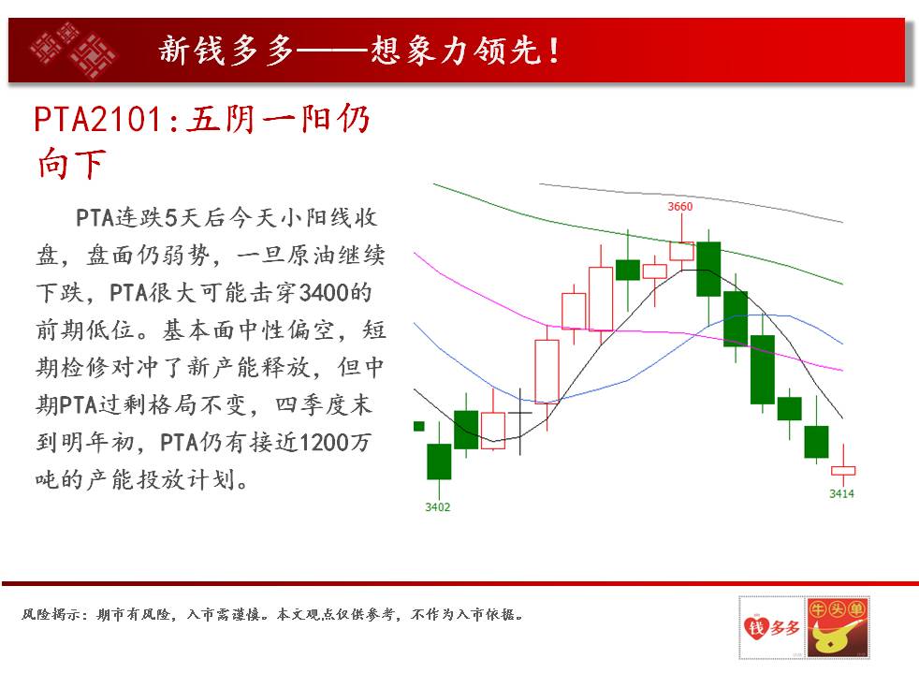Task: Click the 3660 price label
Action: point(679,206)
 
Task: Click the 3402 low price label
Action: point(438,507)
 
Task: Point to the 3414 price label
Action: point(841,493)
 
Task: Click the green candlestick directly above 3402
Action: point(439,462)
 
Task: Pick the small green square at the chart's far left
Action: point(419,426)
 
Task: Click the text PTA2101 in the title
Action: point(98,119)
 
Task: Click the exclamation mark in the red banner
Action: point(554,51)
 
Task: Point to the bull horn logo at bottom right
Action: point(837,627)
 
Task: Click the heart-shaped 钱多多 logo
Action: point(772,627)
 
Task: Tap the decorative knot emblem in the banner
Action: point(73,50)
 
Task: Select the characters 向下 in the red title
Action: point(71,164)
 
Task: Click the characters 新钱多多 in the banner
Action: point(226,50)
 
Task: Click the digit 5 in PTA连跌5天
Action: point(170,217)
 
